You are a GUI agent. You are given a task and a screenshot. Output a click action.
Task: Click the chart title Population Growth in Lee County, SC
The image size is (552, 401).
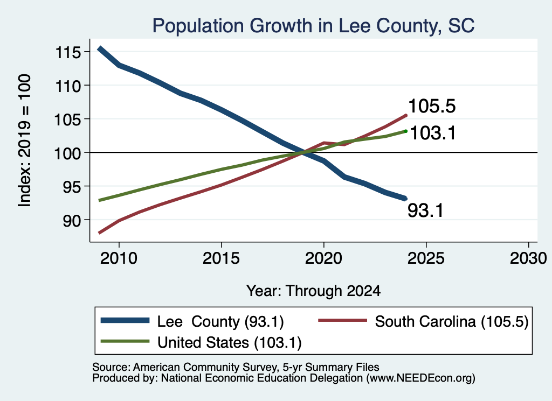pos(313,26)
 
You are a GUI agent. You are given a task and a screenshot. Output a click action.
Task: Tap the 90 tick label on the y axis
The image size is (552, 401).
pos(72,220)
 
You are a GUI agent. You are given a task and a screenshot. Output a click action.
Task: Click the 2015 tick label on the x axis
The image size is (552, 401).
pos(221,258)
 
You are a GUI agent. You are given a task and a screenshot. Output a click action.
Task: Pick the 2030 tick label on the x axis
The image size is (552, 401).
pos(528,258)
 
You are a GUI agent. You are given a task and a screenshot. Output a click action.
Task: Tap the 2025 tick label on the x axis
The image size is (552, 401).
pos(426,258)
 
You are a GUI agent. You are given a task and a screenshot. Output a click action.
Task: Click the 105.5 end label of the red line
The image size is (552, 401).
pos(432,106)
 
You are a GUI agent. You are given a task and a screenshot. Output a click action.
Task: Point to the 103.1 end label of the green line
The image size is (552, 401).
pos(433,133)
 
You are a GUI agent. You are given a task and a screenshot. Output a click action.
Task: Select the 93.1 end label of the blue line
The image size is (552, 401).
pos(426,210)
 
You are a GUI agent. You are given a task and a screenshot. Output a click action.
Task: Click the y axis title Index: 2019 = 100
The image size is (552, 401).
pos(25,140)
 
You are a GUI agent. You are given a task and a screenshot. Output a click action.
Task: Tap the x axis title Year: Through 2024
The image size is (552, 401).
pos(313,291)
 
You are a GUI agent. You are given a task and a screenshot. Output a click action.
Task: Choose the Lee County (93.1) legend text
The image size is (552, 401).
pos(220,321)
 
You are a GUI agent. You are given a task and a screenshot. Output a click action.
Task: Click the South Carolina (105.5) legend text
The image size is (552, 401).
pos(452,321)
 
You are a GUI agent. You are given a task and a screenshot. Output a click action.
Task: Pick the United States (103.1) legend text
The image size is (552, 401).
pos(230,343)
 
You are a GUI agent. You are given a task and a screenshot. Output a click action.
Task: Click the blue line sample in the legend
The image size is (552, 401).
pos(125,320)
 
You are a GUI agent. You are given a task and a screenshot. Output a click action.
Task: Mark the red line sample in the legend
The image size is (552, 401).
pos(343,320)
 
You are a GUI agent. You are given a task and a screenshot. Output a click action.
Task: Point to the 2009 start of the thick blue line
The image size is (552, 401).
pos(100,48)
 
